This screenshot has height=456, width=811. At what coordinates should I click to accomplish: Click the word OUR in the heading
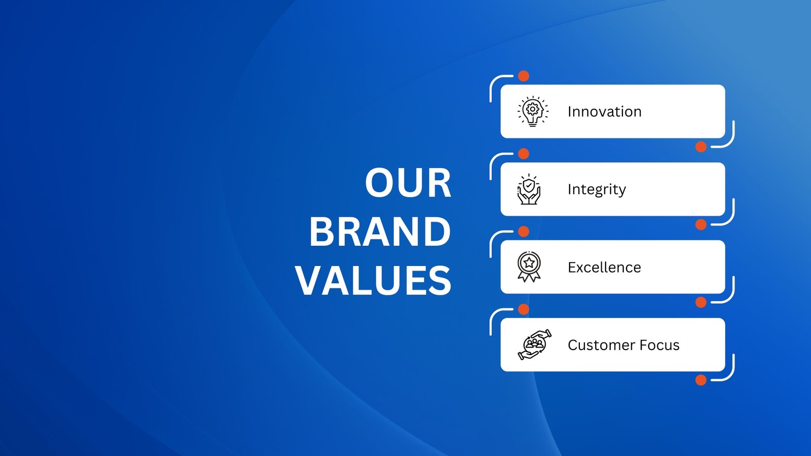point(408,183)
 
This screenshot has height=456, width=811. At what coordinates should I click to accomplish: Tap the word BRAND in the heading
point(380,232)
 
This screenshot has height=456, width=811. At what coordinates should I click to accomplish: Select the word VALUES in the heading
point(374,281)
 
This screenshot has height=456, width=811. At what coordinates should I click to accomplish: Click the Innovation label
point(605,111)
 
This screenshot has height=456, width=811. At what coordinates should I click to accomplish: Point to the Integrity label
point(597,189)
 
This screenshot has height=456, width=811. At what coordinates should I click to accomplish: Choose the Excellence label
point(604,268)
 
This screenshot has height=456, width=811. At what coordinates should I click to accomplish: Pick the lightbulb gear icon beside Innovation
point(533,111)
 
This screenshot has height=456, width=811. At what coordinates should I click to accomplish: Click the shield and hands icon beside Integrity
point(529,189)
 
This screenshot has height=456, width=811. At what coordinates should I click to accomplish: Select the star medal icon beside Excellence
point(529,267)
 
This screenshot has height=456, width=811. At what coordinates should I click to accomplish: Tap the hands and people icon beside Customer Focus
point(535,345)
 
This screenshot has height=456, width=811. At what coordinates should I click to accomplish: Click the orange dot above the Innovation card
point(524,76)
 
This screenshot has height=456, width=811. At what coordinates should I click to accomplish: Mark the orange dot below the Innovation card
point(701,147)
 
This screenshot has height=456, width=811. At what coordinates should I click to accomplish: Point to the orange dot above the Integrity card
point(524,154)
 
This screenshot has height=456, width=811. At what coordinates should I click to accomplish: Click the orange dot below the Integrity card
point(701,224)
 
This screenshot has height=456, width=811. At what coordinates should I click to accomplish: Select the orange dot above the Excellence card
point(524,231)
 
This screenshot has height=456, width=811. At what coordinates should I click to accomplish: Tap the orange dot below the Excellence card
point(701,302)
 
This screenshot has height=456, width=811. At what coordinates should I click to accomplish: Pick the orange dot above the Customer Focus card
point(524,310)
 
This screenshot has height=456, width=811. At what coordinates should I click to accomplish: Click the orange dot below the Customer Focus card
point(701,380)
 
